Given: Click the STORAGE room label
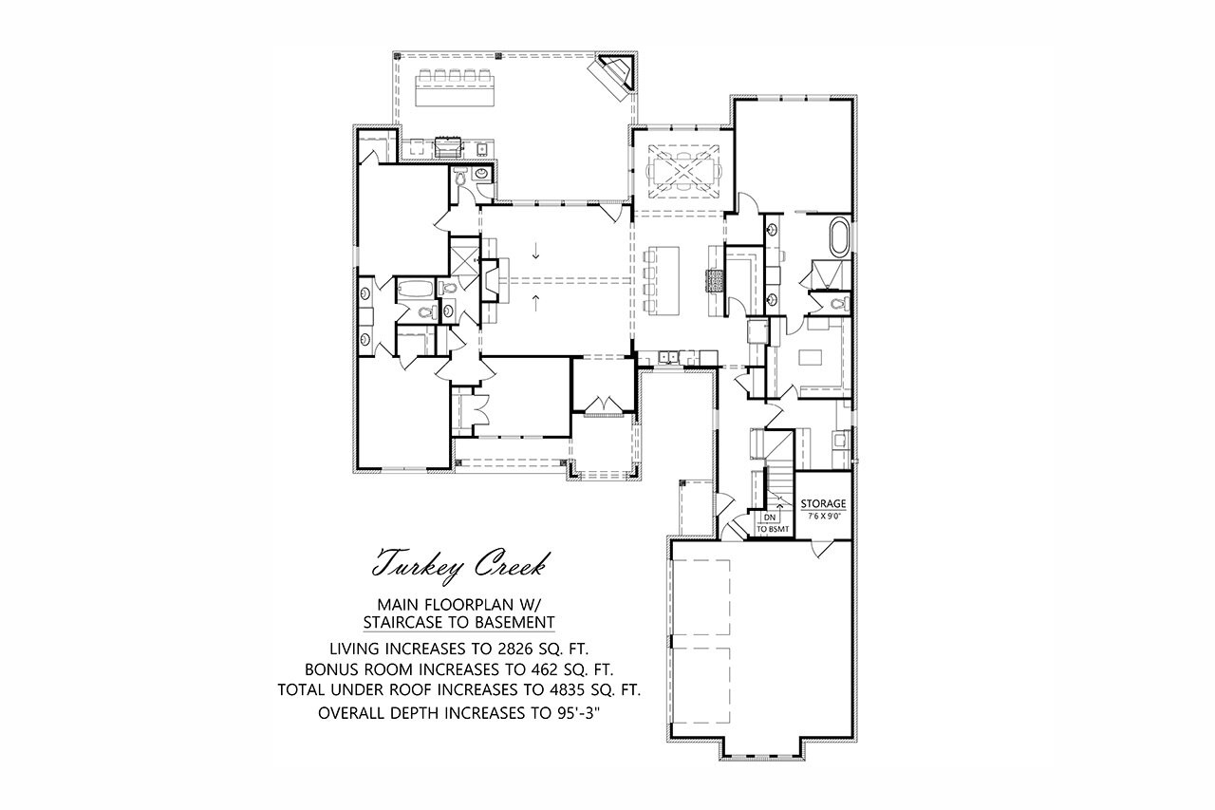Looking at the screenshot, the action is point(823,503).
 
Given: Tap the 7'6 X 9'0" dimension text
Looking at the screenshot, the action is point(824,516).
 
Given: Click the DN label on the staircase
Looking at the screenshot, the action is point(769,518).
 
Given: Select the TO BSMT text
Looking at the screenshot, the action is point(773,529).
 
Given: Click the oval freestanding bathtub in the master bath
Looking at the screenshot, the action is point(840,236).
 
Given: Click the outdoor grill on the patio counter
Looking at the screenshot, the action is point(448,147).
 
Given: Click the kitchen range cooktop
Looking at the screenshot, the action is point(714,282).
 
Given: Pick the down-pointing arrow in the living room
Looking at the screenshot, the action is point(535,252).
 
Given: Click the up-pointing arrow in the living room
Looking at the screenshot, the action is point(535,303).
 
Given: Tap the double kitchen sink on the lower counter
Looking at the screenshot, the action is point(668,358).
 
